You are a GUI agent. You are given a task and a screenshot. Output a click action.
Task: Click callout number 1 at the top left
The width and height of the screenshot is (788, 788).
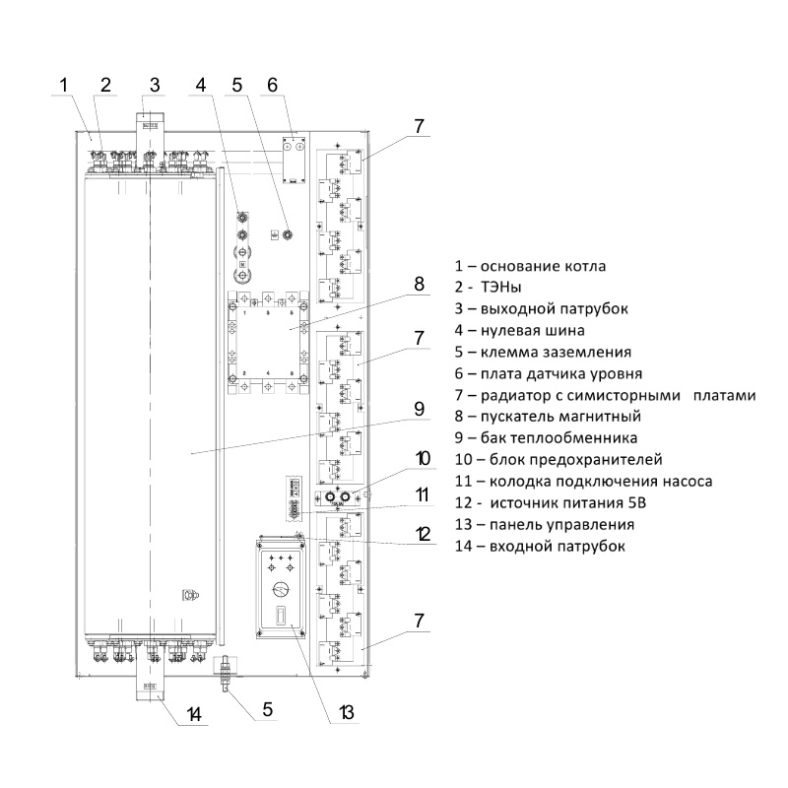tap(63, 85)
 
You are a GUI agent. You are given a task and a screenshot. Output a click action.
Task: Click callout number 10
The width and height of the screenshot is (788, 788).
tap(423, 458)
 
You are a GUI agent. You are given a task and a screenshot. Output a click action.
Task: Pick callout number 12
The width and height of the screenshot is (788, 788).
tap(424, 535)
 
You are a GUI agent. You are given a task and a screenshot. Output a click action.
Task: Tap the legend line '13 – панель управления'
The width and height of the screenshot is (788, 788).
tap(544, 524)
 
